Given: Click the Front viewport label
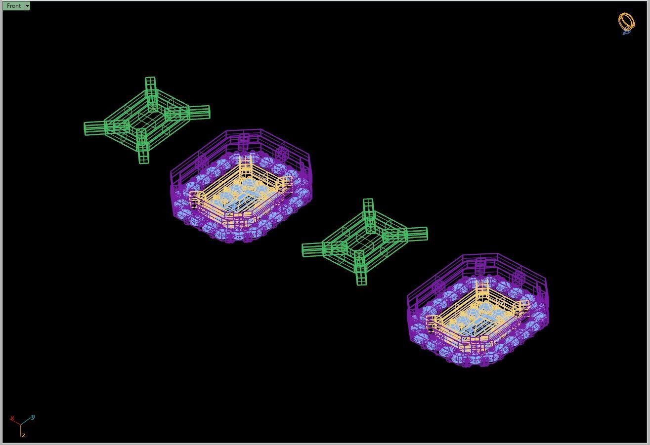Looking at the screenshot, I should pyautogui.click(x=13, y=6).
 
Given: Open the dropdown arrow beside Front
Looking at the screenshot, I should pyautogui.click(x=27, y=6).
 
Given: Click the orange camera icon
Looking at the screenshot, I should pyautogui.click(x=626, y=22).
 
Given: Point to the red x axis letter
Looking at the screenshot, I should pyautogui.click(x=12, y=418).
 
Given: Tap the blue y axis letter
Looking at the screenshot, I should pyautogui.click(x=33, y=417).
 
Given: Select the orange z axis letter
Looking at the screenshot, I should pyautogui.click(x=23, y=435).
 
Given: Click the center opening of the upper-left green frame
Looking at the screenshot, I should pyautogui.click(x=147, y=120).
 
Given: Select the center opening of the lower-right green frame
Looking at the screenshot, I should pyautogui.click(x=365, y=242).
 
